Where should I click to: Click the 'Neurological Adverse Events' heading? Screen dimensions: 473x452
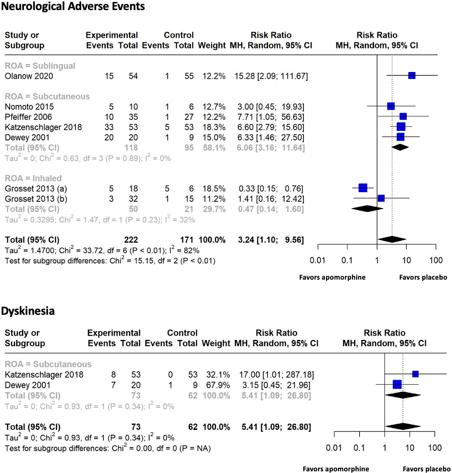click(x=73, y=7)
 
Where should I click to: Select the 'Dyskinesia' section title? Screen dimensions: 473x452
click(x=28, y=311)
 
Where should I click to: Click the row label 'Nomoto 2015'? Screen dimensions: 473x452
click(x=29, y=107)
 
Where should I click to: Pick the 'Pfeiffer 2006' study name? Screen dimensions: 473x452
click(x=28, y=117)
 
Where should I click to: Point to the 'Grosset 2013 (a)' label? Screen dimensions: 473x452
click(x=36, y=189)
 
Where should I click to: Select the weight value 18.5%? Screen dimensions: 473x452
click(x=214, y=189)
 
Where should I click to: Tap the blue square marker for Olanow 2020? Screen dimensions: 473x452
click(x=412, y=75)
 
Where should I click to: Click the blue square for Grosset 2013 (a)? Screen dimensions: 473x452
click(x=363, y=188)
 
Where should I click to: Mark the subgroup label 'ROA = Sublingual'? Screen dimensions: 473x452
click(x=40, y=66)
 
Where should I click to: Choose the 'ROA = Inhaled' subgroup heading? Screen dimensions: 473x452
click(x=33, y=178)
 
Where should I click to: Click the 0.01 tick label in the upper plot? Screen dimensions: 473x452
click(x=318, y=260)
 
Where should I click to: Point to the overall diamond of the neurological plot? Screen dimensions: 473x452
click(x=392, y=239)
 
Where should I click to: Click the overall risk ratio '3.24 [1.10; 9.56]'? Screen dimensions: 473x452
click(x=271, y=240)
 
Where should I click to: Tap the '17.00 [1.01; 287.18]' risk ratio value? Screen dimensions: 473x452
click(x=277, y=375)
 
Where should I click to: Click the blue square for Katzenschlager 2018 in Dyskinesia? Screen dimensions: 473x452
click(x=415, y=374)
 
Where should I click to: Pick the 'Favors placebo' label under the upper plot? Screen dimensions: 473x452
click(x=423, y=277)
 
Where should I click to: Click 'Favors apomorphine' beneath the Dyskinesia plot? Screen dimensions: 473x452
click(x=336, y=469)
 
